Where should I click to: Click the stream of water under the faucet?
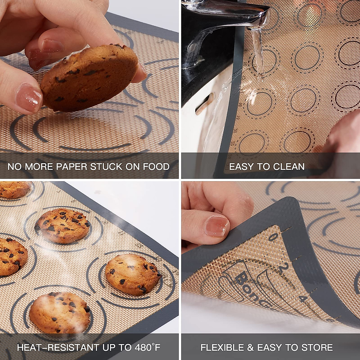[258, 51]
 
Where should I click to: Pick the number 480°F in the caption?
[144, 347]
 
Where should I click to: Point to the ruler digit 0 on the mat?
[272, 238]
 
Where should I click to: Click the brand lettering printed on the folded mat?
[250, 289]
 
